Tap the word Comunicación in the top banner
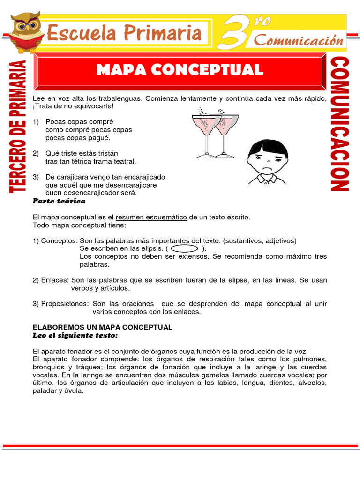pos(299,40)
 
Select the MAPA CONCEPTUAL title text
pos(180,70)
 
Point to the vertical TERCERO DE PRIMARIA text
pos(17,127)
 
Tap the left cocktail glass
pos(204,134)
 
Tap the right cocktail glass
pos(226,134)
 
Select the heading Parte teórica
pos(59,201)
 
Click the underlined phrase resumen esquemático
pos(151,217)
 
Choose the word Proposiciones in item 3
pos(65,304)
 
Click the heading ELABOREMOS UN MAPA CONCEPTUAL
pos(102,327)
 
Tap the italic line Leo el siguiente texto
pos(75,335)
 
